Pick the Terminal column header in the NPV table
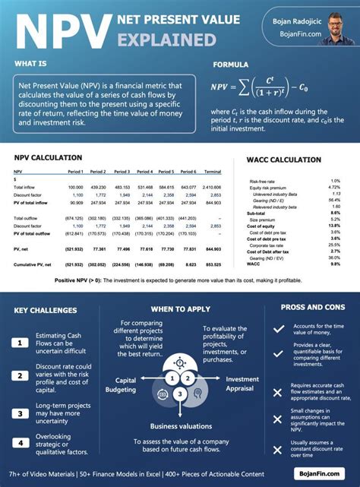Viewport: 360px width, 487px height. (213, 172)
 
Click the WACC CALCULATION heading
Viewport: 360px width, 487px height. (284, 160)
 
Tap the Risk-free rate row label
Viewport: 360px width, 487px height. (262, 181)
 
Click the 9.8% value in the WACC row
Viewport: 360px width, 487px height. (335, 264)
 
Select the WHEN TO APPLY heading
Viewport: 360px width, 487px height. (180, 309)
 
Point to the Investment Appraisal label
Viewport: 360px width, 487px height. (242, 384)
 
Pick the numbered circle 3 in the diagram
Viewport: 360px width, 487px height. (178, 394)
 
